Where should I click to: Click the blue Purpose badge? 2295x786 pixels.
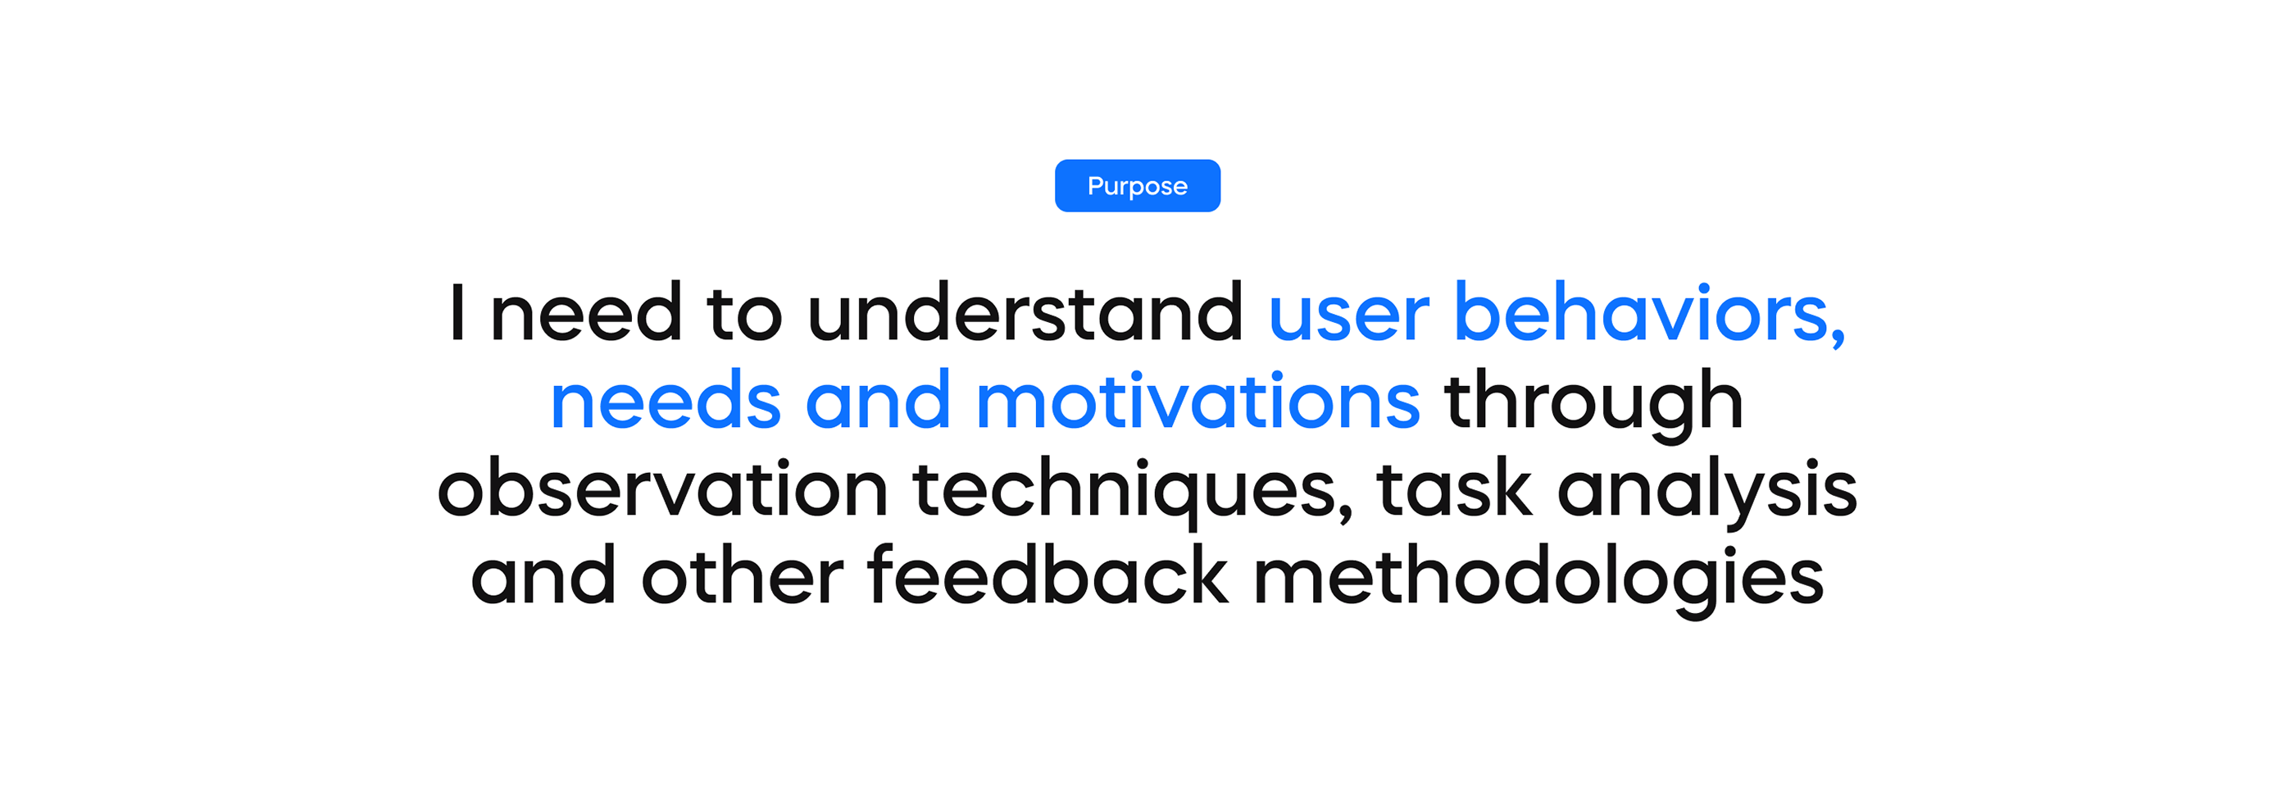(x=1137, y=185)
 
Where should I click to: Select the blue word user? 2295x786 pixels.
(x=1349, y=316)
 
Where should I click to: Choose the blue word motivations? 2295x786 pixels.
(x=1197, y=400)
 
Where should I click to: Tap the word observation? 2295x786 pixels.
(x=663, y=488)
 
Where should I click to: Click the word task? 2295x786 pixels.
(x=1454, y=488)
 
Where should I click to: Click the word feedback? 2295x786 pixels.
(x=1047, y=575)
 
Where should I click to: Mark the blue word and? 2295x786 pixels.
(x=878, y=400)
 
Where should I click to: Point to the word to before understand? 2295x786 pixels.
(x=744, y=314)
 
